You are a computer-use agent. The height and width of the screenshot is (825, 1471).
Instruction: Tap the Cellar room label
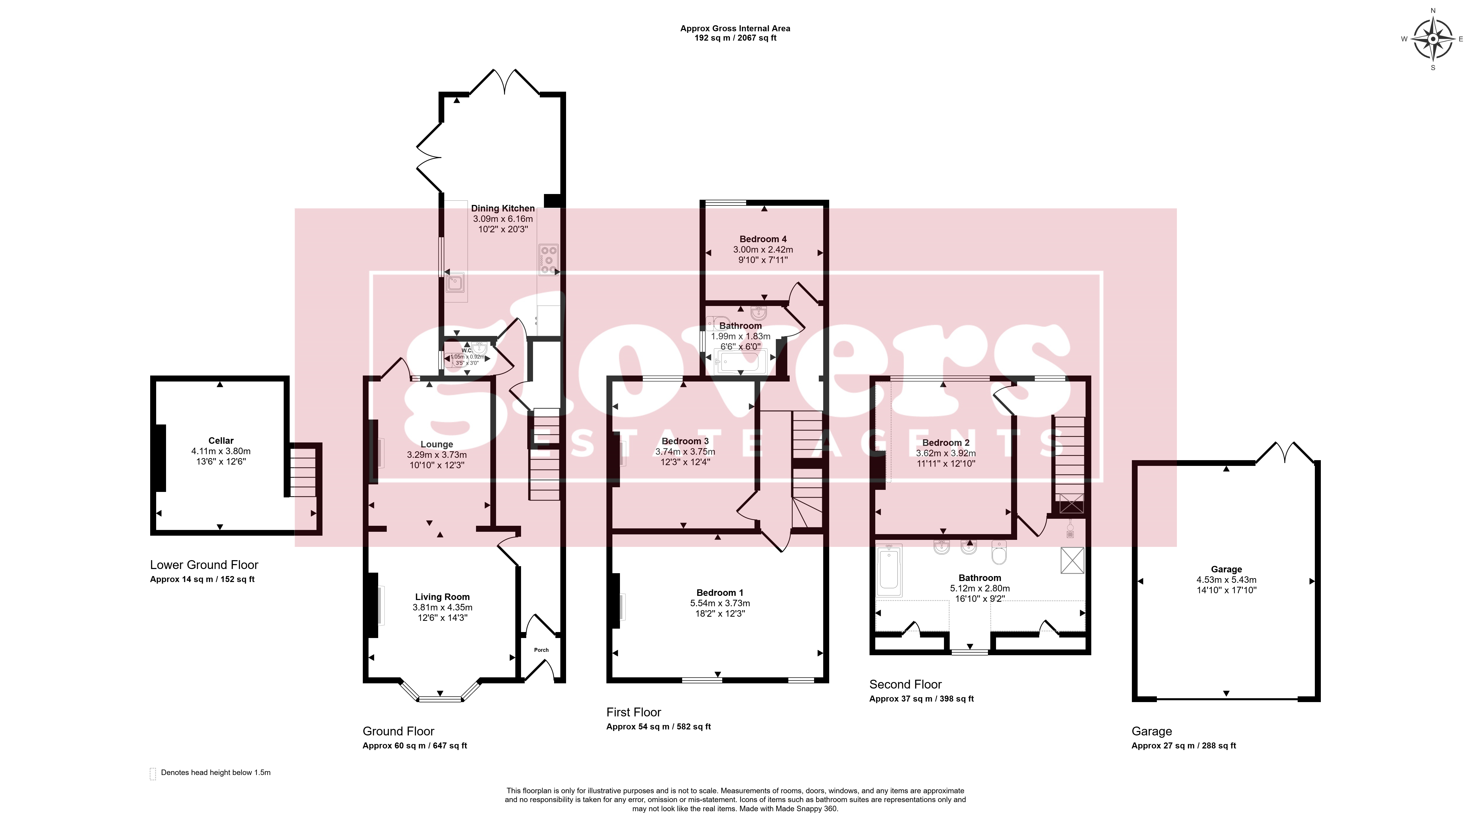click(x=221, y=441)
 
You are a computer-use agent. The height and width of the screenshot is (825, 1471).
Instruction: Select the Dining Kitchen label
click(x=503, y=209)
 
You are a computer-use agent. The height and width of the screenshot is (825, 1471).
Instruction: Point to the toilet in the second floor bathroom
click(x=999, y=553)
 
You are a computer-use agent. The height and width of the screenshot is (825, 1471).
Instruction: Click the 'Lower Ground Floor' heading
click(x=204, y=565)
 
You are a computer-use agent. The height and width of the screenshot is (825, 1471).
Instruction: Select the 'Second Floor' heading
click(x=905, y=684)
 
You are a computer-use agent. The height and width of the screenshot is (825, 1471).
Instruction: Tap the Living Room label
click(x=442, y=597)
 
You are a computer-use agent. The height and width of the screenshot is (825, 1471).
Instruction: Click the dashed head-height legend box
click(x=153, y=774)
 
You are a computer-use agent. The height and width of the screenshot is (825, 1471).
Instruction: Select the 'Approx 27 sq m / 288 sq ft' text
click(x=1184, y=746)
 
